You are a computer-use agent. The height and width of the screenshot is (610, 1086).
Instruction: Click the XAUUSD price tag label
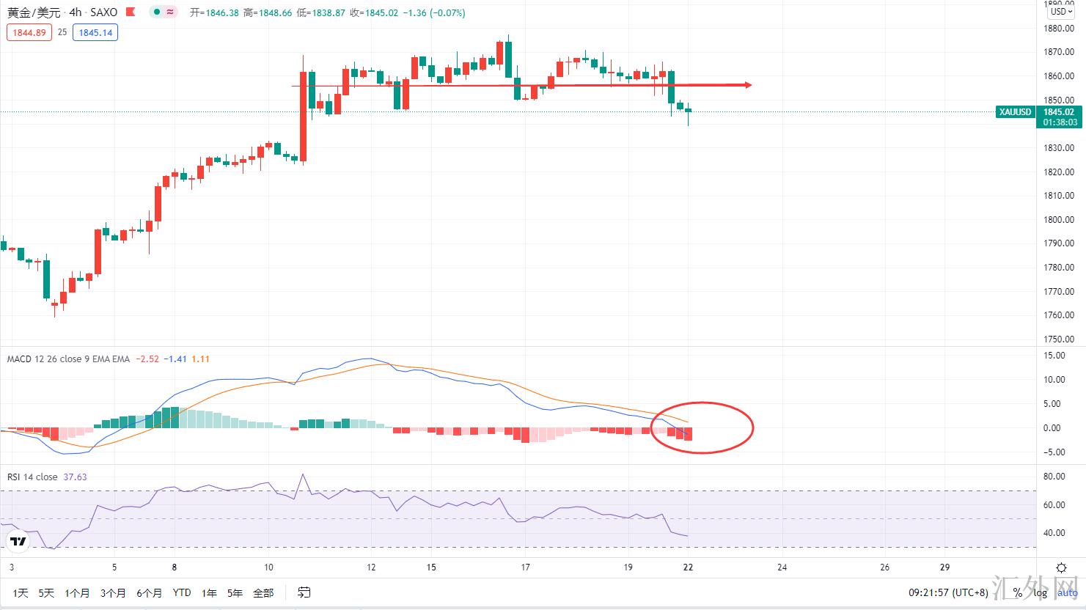(1016, 112)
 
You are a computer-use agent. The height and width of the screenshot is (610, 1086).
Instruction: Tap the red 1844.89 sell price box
(29, 32)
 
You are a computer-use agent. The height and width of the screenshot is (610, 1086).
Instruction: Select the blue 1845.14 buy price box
(95, 32)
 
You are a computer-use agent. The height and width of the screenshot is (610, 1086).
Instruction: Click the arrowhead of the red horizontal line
(747, 85)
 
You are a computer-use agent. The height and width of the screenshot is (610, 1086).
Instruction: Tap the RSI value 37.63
(75, 477)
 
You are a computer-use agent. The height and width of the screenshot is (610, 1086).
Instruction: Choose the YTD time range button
(182, 592)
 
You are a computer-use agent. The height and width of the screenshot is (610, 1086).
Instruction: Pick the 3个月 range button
(113, 592)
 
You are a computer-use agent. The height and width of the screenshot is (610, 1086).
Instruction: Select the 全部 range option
(263, 592)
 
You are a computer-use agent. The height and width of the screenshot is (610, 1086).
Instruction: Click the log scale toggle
(1040, 592)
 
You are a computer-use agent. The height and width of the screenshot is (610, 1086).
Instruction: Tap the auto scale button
(1068, 592)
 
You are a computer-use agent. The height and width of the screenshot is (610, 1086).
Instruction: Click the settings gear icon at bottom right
(1061, 567)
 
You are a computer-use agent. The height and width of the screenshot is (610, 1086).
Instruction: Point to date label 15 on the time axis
(431, 567)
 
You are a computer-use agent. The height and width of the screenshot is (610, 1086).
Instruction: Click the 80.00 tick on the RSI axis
(1054, 477)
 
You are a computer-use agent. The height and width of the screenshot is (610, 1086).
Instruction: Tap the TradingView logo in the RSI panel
(18, 542)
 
